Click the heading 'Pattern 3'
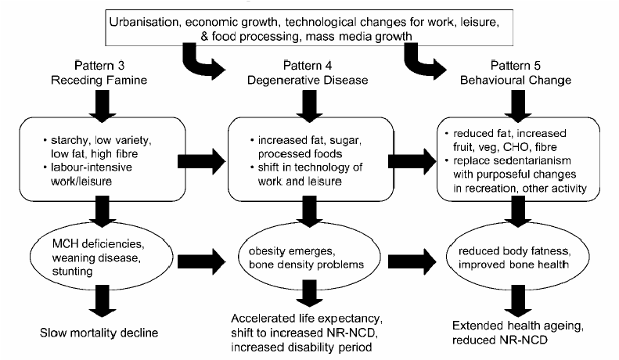99,65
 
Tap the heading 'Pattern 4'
308,65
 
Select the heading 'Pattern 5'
516,65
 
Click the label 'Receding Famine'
99,80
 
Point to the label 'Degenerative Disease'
308,80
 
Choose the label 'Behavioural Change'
516,81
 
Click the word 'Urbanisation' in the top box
144,22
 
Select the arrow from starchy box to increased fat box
201,161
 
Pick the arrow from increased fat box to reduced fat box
412,161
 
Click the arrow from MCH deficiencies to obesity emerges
201,261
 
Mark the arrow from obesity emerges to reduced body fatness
412,261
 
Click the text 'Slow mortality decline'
99,333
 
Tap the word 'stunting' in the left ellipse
72,272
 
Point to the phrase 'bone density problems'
306,265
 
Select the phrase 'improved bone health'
513,265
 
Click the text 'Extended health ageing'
517,326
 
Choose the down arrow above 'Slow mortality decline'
103,301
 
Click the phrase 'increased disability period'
301,347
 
